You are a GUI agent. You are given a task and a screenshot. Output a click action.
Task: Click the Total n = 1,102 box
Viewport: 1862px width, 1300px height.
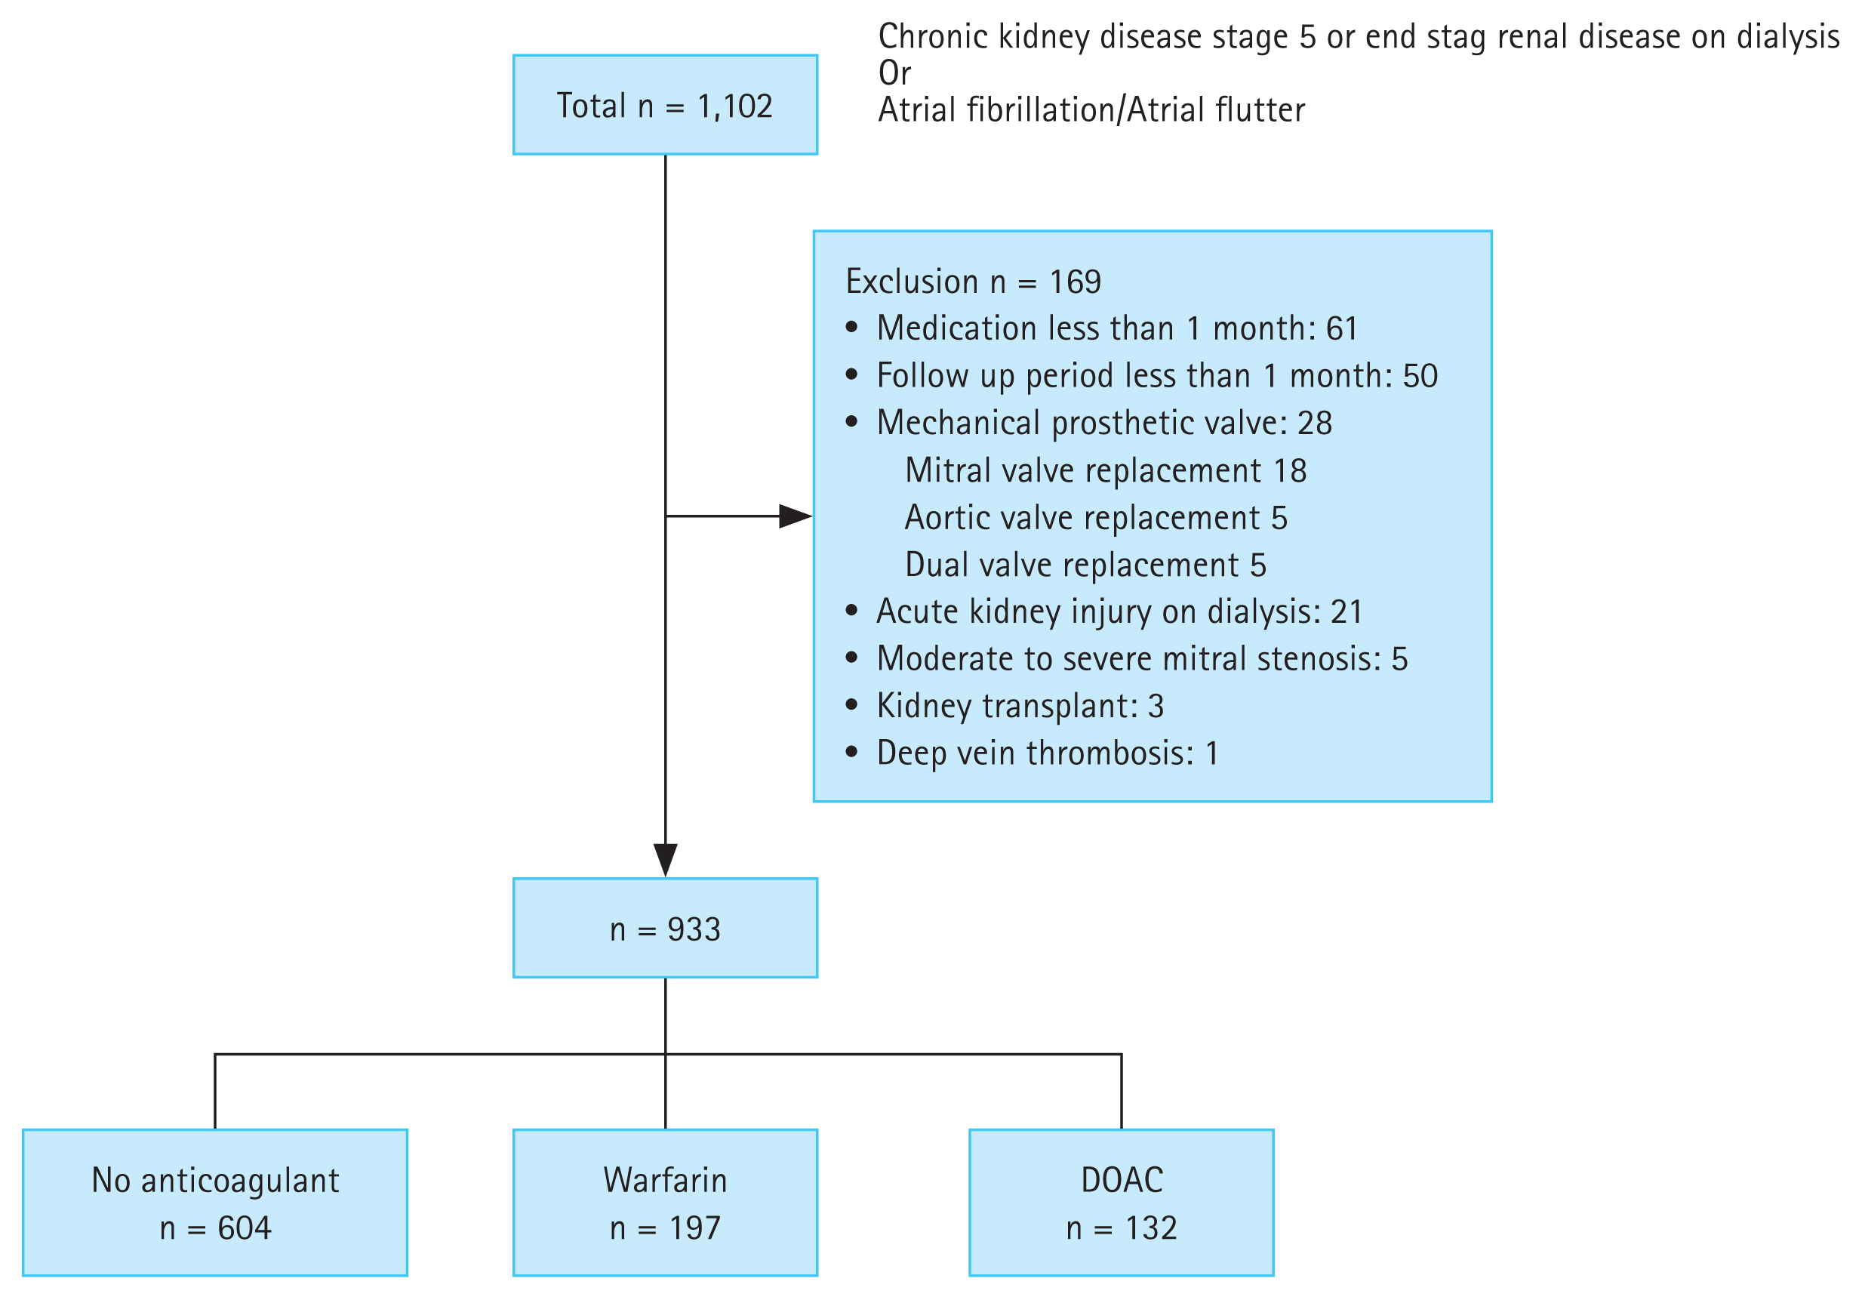click(x=665, y=106)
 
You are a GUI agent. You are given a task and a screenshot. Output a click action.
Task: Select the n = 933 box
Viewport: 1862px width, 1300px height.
click(x=665, y=929)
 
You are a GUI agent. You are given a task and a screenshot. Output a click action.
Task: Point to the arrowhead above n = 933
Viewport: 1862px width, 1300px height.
click(x=665, y=860)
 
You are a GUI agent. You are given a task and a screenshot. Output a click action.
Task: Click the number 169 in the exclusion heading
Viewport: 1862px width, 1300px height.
click(x=1076, y=282)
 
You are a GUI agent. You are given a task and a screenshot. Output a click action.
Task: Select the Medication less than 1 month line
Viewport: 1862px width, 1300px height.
click(x=1117, y=329)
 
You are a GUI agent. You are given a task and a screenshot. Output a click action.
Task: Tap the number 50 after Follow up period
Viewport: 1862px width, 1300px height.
click(x=1420, y=376)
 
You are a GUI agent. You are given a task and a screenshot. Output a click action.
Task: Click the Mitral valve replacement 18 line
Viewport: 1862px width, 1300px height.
click(x=1106, y=471)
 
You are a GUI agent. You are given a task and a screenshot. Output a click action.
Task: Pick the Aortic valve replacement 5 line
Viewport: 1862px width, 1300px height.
click(x=1096, y=518)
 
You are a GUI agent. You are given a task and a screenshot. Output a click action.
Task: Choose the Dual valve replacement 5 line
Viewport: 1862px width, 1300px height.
click(x=1085, y=565)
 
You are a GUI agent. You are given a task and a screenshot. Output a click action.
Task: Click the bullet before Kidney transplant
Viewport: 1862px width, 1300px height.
click(x=851, y=705)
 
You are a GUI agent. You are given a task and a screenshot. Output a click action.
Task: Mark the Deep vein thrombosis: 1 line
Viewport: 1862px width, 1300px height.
click(x=1047, y=753)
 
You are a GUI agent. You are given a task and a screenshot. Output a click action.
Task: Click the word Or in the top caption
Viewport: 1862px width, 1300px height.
click(x=894, y=74)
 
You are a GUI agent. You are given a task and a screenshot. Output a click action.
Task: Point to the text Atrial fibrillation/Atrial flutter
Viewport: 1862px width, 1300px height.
click(x=1091, y=110)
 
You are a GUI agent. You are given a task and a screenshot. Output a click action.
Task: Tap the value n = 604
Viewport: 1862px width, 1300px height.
click(x=215, y=1228)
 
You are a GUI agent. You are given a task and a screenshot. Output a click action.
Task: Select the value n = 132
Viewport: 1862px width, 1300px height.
click(x=1122, y=1228)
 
